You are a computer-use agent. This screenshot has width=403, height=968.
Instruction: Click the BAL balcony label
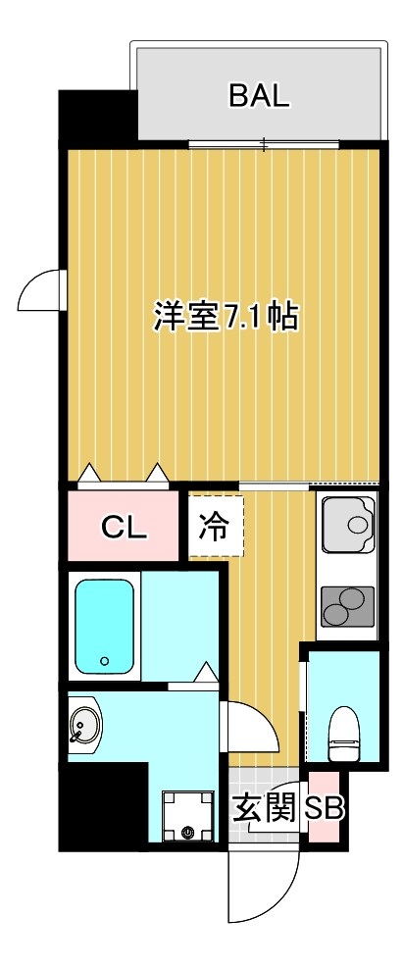click(259, 95)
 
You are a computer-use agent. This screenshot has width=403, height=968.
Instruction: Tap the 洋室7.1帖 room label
click(225, 318)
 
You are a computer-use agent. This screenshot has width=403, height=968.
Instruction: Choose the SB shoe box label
click(324, 809)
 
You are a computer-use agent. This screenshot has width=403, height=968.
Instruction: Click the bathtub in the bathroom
click(104, 627)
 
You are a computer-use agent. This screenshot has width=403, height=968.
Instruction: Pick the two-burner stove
click(347, 606)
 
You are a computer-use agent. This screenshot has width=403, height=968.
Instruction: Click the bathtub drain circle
click(103, 660)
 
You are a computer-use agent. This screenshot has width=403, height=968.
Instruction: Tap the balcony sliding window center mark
click(264, 146)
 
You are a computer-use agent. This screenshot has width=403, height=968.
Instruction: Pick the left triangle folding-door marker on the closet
click(89, 475)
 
